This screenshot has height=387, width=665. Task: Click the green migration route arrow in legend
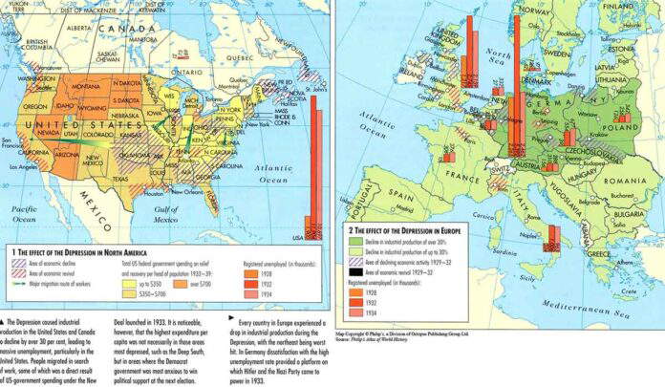pyautogui.click(x=22, y=282)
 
